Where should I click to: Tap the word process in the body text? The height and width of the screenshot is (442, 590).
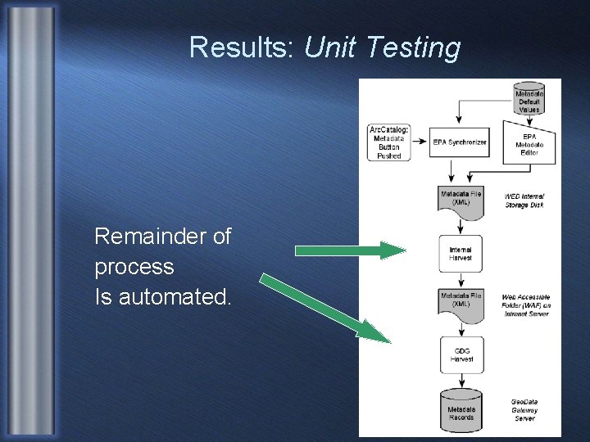tap(134, 267)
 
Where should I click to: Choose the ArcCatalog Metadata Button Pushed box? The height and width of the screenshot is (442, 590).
tap(389, 142)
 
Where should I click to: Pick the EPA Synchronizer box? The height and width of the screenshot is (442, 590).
tap(460, 142)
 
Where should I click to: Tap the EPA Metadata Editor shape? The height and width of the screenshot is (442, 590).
tap(529, 143)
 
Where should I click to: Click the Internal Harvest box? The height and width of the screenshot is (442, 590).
tap(461, 254)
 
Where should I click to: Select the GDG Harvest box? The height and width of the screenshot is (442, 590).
tap(461, 355)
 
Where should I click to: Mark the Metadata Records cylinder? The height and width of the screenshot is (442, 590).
tap(461, 412)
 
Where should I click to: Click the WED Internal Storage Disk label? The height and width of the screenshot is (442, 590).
tap(524, 201)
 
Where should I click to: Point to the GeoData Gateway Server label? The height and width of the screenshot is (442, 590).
tap(525, 410)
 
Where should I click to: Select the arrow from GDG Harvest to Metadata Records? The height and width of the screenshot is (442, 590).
tap(461, 381)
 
